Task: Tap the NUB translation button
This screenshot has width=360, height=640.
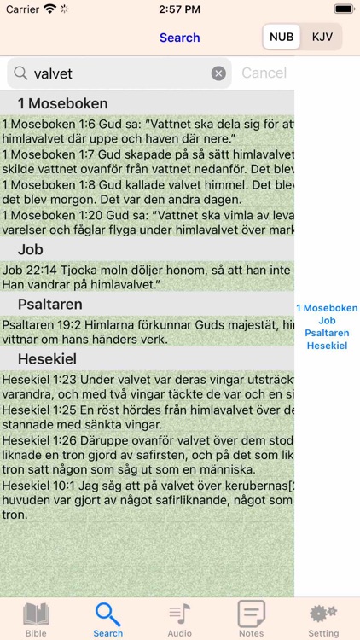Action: point(282,37)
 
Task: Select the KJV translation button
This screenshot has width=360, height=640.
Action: point(322,37)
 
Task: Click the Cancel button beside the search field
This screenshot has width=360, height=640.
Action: point(264,73)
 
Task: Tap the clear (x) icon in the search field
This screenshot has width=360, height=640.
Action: point(218,73)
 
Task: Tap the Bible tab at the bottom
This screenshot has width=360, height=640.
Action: point(36,619)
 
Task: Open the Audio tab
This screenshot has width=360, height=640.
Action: point(179,619)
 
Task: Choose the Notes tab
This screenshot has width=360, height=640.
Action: point(251,619)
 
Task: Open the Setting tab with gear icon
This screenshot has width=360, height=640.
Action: point(323,619)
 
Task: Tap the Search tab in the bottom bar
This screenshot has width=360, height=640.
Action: point(108,619)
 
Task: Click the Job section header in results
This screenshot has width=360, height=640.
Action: point(31,249)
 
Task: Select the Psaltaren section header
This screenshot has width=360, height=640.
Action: point(49,304)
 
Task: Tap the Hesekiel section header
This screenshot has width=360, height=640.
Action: point(46,358)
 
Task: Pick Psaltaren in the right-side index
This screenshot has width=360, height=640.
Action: point(327,333)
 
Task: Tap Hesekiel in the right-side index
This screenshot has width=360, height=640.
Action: point(327,346)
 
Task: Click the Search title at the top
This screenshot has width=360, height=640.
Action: point(179,38)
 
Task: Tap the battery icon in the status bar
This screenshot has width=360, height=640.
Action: point(344,9)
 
